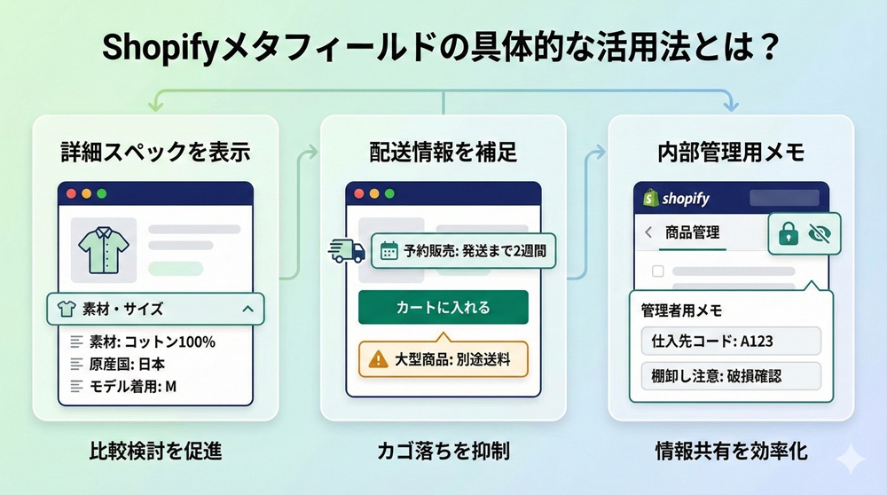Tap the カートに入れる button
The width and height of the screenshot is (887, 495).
tap(443, 308)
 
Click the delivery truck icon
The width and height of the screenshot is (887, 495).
tap(346, 251)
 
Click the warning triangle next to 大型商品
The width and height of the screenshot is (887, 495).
tap(379, 360)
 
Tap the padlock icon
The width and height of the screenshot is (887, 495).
tap(787, 233)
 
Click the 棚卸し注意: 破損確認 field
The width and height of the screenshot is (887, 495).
tap(730, 376)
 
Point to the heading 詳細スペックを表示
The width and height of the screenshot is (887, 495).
tap(155, 152)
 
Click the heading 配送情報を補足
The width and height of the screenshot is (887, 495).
tap(443, 152)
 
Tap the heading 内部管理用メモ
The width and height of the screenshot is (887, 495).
tap(730, 152)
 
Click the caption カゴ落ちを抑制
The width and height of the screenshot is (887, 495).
tap(443, 452)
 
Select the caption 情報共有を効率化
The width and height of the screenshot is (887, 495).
tap(730, 452)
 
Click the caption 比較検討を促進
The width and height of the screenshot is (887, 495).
tap(155, 452)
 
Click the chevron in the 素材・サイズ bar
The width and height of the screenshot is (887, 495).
tap(247, 309)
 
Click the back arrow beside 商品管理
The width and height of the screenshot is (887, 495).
tap(648, 232)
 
